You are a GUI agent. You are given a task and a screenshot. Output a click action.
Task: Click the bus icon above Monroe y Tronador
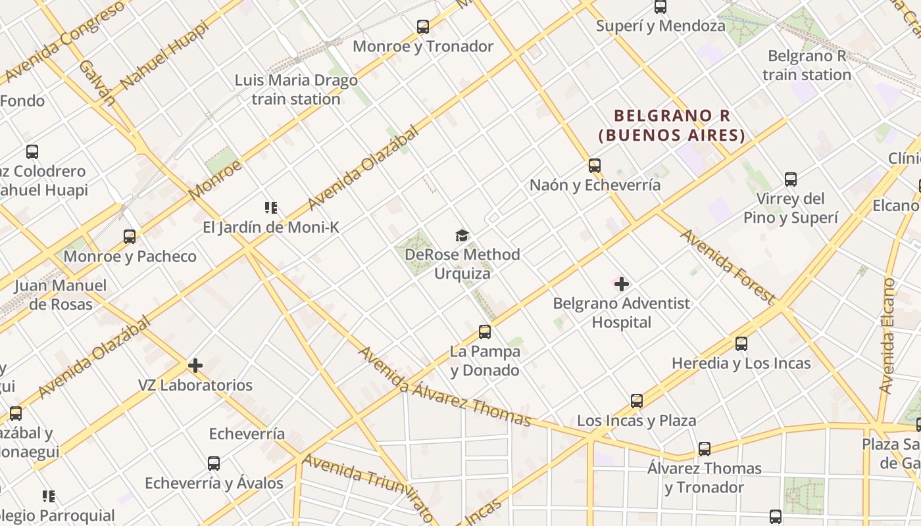(x=423, y=27)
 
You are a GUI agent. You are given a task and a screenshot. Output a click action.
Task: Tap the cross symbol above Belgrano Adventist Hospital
(x=621, y=284)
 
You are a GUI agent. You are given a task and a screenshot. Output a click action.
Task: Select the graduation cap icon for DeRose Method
(x=462, y=235)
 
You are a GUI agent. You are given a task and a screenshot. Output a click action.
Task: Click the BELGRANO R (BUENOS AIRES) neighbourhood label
(x=672, y=126)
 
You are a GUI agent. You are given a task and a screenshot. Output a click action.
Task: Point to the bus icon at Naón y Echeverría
(x=595, y=166)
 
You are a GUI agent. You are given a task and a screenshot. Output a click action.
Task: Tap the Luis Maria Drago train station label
(x=296, y=90)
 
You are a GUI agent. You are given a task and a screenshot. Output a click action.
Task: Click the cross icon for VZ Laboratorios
(x=195, y=366)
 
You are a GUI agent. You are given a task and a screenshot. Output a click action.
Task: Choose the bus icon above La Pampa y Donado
(x=485, y=332)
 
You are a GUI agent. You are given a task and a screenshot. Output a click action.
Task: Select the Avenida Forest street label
(x=727, y=266)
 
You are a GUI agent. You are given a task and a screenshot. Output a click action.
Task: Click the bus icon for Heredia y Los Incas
(x=741, y=344)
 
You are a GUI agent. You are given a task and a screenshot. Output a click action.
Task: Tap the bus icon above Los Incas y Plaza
(x=636, y=401)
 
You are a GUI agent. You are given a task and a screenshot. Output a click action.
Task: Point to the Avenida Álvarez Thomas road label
(x=443, y=387)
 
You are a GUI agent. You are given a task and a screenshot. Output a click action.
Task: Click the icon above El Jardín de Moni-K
(x=270, y=208)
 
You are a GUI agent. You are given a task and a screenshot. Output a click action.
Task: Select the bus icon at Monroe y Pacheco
(x=130, y=237)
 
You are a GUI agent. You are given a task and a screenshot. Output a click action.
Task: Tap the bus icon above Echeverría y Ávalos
(x=214, y=464)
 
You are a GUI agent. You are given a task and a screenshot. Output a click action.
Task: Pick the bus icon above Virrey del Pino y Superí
(x=791, y=179)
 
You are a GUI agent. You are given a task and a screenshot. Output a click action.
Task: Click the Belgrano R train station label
(x=807, y=66)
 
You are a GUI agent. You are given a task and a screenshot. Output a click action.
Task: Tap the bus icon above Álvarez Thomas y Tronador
(x=705, y=449)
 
